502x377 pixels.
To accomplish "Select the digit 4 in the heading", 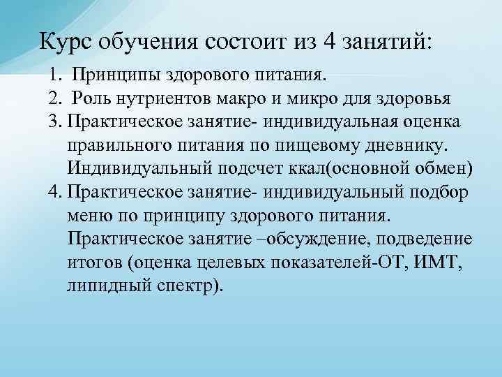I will (328, 41).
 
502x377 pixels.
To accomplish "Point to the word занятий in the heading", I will (387, 41).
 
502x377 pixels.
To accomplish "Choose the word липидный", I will (103, 287).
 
